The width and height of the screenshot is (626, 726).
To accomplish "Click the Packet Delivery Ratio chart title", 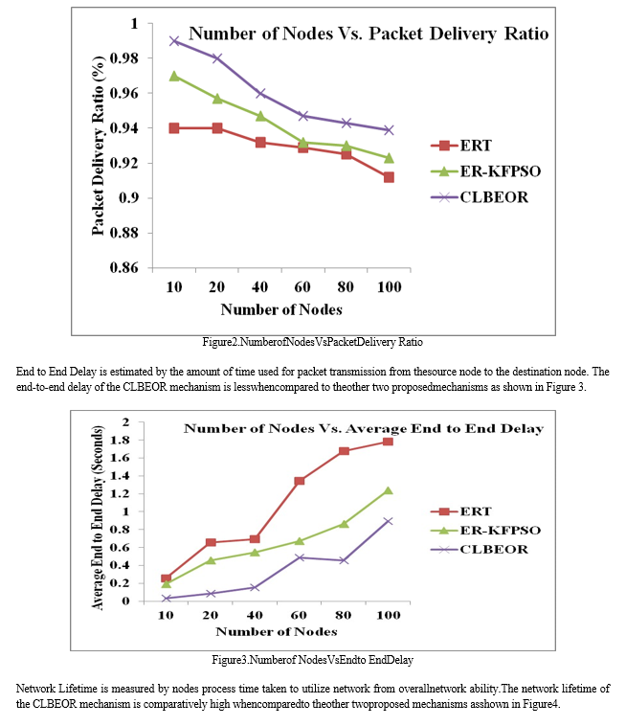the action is click(369, 34).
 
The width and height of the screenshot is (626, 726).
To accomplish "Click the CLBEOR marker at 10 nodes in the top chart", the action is click(174, 41).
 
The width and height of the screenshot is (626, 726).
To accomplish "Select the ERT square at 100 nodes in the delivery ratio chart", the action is click(389, 177).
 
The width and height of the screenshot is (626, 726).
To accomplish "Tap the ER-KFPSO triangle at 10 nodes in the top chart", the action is click(174, 76).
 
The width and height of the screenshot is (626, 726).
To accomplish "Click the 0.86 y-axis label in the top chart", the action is click(124, 267).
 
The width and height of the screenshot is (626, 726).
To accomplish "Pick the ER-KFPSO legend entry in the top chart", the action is click(486, 171).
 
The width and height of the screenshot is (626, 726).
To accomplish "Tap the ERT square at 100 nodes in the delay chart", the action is click(389, 442).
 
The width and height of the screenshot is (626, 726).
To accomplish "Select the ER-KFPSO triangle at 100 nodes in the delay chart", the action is click(389, 490).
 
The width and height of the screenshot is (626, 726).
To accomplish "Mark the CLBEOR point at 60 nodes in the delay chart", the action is click(300, 557).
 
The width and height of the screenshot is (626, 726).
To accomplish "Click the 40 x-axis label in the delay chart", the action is click(255, 615).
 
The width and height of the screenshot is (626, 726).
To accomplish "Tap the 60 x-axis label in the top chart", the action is click(302, 287).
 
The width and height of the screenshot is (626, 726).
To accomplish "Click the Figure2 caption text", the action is click(313, 342).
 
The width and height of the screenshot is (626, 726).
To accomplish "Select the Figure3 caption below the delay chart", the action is click(313, 660).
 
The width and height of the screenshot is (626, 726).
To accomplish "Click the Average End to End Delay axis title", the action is click(98, 517).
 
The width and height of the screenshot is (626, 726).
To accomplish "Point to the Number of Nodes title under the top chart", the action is click(281, 309).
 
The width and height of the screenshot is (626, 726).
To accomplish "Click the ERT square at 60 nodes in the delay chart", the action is click(300, 481).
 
